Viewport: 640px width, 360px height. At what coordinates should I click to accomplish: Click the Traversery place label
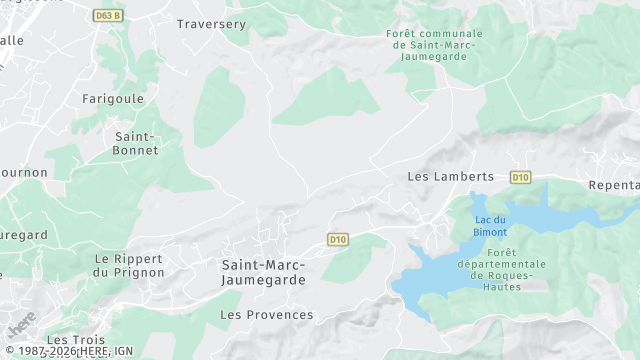point(211,23)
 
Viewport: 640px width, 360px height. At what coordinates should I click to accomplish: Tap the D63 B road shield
point(107,16)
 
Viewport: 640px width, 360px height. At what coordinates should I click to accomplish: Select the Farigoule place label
point(113,99)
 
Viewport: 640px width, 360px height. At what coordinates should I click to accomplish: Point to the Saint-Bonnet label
point(135,143)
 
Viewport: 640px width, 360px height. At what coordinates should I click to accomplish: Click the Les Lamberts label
point(451,176)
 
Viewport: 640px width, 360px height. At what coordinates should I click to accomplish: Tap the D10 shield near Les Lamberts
point(520,177)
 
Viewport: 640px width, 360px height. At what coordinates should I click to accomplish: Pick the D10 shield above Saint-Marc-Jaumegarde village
point(337,239)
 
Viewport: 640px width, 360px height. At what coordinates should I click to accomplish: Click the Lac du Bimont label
point(490,226)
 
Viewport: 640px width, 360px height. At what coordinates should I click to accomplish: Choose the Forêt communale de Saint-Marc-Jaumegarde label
point(433,45)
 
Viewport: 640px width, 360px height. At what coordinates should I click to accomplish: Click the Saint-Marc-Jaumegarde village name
point(264,272)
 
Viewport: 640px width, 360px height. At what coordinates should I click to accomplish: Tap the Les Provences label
point(266,315)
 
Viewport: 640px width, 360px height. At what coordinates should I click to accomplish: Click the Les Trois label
point(76,340)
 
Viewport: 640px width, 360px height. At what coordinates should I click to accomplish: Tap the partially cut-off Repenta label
point(614,186)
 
